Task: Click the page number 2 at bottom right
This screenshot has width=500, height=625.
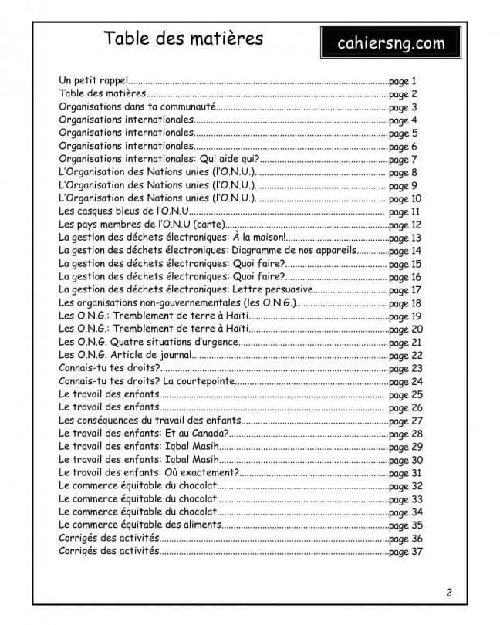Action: [x=449, y=593]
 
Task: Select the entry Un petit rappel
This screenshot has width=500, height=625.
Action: [x=93, y=80]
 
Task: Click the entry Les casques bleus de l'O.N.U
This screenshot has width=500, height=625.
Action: [x=123, y=211]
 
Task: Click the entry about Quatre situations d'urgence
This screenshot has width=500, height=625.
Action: [x=148, y=343]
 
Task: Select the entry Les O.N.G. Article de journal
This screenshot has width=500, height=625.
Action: [x=124, y=356]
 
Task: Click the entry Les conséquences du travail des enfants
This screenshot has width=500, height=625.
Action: [x=150, y=421]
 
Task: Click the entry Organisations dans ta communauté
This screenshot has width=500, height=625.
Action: [x=136, y=107]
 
